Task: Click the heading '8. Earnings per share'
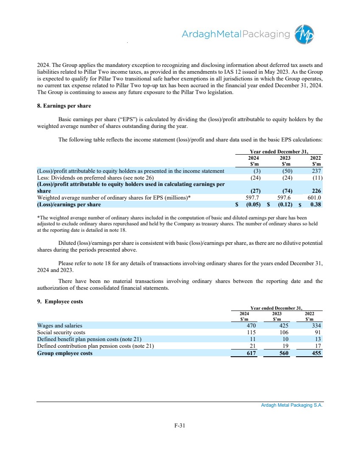64,105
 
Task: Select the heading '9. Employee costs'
60,301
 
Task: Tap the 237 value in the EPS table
316,171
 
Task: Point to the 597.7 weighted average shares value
253,197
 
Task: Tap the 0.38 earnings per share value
316,205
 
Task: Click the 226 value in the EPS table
316,191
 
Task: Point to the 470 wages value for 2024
252,326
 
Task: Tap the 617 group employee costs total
252,353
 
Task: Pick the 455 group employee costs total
316,353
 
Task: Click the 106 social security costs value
284,333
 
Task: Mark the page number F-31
180,426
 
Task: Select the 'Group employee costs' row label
64,353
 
